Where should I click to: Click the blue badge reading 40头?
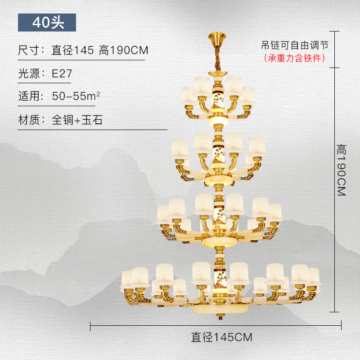click(x=47, y=22)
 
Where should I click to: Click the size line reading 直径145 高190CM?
click(x=99, y=50)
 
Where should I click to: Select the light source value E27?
click(x=62, y=74)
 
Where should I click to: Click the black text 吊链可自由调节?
click(x=295, y=45)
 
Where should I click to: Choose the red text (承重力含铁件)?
click(x=294, y=58)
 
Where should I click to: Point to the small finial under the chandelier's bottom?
click(x=220, y=319)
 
